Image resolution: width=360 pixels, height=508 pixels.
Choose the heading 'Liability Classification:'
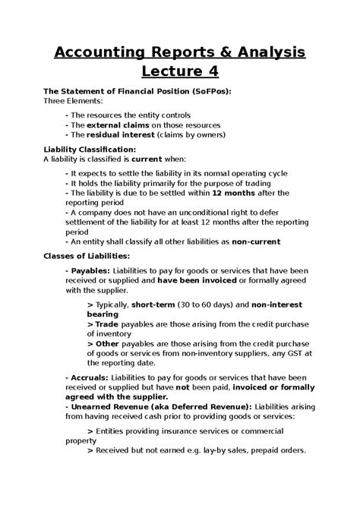90,150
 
